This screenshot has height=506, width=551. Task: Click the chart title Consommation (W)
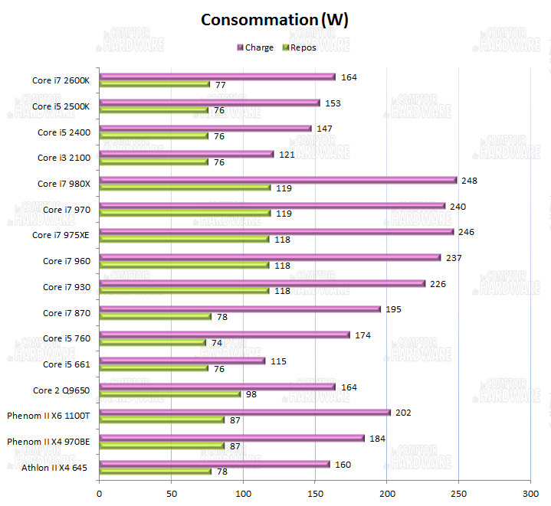(274, 19)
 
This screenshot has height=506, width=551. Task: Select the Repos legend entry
(300, 47)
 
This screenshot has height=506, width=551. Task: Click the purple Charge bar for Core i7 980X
(277, 181)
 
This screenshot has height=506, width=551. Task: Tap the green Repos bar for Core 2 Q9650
(169, 394)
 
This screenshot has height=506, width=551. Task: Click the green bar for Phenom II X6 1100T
(162, 419)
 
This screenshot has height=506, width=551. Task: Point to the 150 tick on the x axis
(314, 494)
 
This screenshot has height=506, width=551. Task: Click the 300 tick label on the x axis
(530, 494)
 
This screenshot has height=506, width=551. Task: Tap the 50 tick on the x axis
(171, 494)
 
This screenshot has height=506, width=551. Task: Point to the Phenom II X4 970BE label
(48, 442)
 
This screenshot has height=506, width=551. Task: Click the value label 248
(468, 180)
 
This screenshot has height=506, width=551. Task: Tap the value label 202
(402, 412)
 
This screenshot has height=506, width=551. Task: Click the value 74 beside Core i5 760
(216, 343)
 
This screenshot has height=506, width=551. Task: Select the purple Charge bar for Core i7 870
(240, 309)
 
